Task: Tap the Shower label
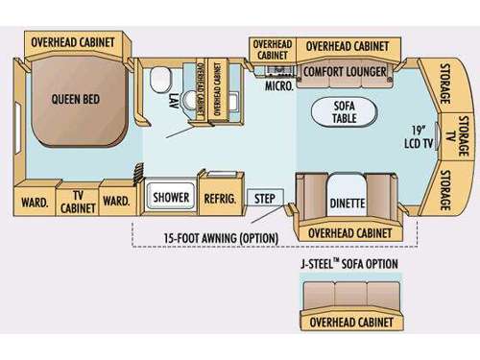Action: click(x=171, y=198)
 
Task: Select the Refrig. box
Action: click(x=219, y=198)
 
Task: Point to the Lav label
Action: click(x=173, y=98)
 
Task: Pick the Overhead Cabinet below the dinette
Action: click(x=345, y=232)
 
